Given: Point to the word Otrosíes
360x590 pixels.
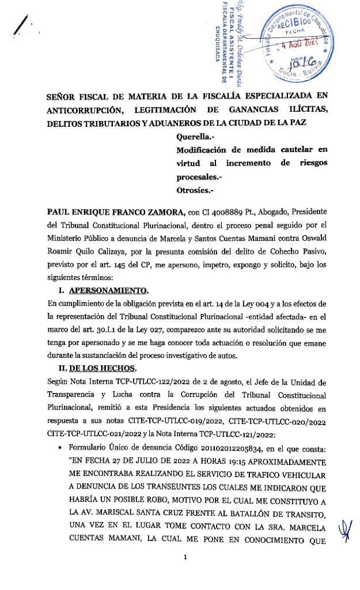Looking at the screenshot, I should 196,189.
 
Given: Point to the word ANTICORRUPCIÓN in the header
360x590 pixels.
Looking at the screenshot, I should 87,109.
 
